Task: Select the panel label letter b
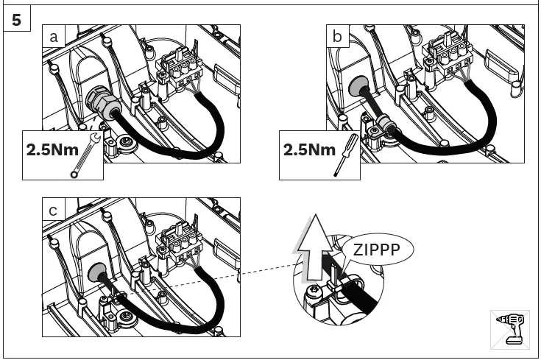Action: pos(338,36)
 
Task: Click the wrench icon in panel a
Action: pos(82,155)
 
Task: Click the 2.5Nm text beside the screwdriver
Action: pos(308,150)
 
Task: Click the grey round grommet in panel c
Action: pos(97,273)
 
